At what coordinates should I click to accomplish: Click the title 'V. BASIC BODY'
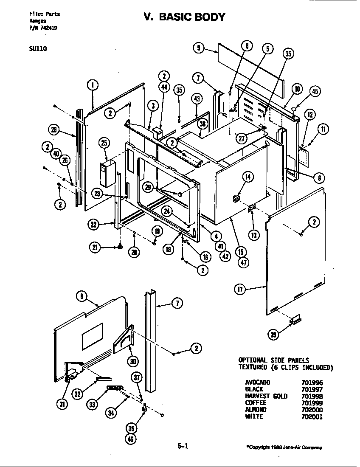(184, 17)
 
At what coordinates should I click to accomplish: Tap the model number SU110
(38, 48)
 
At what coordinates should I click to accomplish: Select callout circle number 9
(198, 48)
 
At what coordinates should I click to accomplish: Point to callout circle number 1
(93, 84)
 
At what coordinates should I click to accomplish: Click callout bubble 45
(315, 91)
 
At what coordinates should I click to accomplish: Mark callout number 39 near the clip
(274, 335)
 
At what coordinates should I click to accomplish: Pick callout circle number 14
(247, 177)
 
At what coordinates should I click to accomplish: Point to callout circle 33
(93, 405)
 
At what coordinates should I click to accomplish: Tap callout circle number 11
(323, 129)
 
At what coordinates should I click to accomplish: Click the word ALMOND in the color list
(256, 410)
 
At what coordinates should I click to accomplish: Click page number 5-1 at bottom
(183, 446)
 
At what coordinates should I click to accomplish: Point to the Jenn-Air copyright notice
(284, 447)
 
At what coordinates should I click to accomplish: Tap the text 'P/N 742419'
(44, 28)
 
